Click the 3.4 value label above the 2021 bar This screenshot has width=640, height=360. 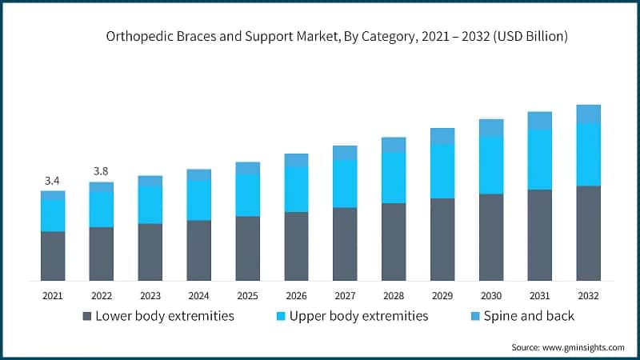point(53,180)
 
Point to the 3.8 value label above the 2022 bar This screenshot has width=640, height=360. point(101,171)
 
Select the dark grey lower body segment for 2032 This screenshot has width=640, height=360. point(588,233)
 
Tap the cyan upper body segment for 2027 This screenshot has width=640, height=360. point(345,183)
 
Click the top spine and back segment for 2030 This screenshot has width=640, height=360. point(491,128)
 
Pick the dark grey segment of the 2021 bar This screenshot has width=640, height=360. point(53,256)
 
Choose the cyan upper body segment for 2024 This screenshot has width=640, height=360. point(198,200)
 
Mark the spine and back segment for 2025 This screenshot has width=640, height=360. point(247,168)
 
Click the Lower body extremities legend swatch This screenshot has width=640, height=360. point(87,316)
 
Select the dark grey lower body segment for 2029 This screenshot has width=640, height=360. point(442,239)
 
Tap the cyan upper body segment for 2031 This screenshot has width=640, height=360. point(540,159)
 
